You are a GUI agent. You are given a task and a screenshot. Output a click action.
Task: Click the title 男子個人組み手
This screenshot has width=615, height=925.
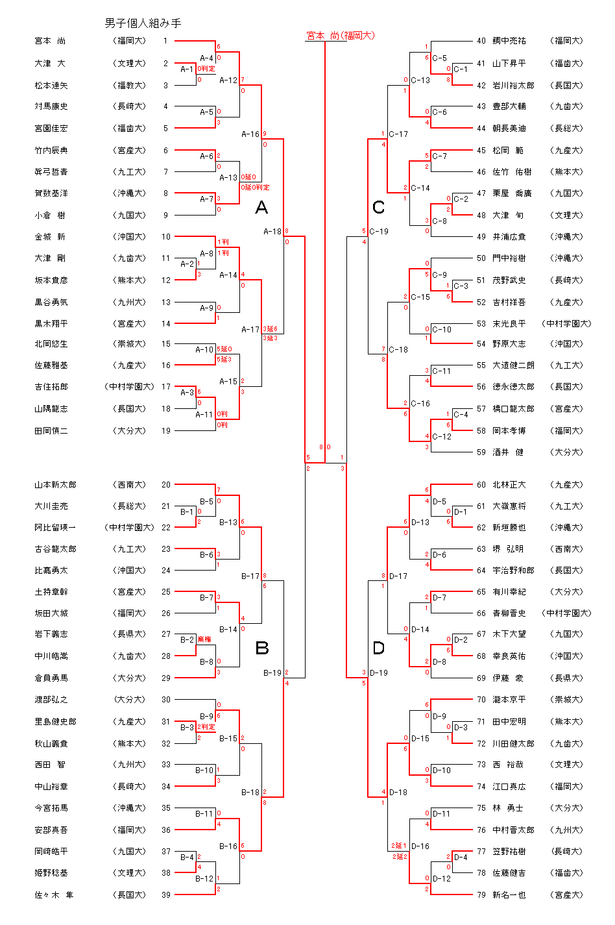[x=143, y=23]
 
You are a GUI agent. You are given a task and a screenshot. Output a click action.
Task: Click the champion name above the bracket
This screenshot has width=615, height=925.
[x=340, y=36]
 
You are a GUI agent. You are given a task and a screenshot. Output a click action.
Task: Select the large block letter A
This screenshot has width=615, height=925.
[x=261, y=207]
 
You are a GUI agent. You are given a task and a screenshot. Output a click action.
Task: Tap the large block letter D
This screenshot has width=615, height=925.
[x=379, y=647]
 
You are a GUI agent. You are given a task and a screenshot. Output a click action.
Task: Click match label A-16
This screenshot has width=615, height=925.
[x=250, y=134]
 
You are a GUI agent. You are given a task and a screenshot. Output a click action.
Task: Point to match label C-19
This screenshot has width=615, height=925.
[x=379, y=231]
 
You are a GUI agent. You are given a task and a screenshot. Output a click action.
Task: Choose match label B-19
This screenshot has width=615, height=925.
[x=272, y=672]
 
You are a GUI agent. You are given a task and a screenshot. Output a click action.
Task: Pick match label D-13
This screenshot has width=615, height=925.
[x=420, y=522]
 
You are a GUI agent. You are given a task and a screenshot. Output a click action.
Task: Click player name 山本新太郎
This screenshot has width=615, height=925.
[x=55, y=485]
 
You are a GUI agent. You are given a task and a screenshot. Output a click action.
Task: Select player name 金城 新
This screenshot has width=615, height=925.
[x=50, y=237]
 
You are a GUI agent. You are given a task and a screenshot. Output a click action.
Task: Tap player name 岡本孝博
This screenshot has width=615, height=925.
[x=509, y=430]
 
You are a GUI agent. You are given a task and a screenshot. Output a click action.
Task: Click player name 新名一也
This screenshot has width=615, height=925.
[x=509, y=894]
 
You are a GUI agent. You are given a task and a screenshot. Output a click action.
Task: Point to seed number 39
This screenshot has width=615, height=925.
[x=166, y=894]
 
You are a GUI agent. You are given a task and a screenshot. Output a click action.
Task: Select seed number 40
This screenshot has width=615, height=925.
[x=481, y=41]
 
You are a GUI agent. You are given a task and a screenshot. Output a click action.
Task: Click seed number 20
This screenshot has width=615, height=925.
[x=166, y=485]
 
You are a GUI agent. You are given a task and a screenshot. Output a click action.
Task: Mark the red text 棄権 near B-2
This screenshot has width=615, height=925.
[x=204, y=639]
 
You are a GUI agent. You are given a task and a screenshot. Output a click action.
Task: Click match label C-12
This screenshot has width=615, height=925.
[x=442, y=436]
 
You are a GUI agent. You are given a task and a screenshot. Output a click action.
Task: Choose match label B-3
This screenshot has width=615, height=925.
[x=187, y=727]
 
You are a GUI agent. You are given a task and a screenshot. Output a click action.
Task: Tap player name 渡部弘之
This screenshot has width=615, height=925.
[x=51, y=700]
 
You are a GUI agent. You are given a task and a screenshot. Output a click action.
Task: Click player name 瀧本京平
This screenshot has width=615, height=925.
[x=509, y=700]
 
